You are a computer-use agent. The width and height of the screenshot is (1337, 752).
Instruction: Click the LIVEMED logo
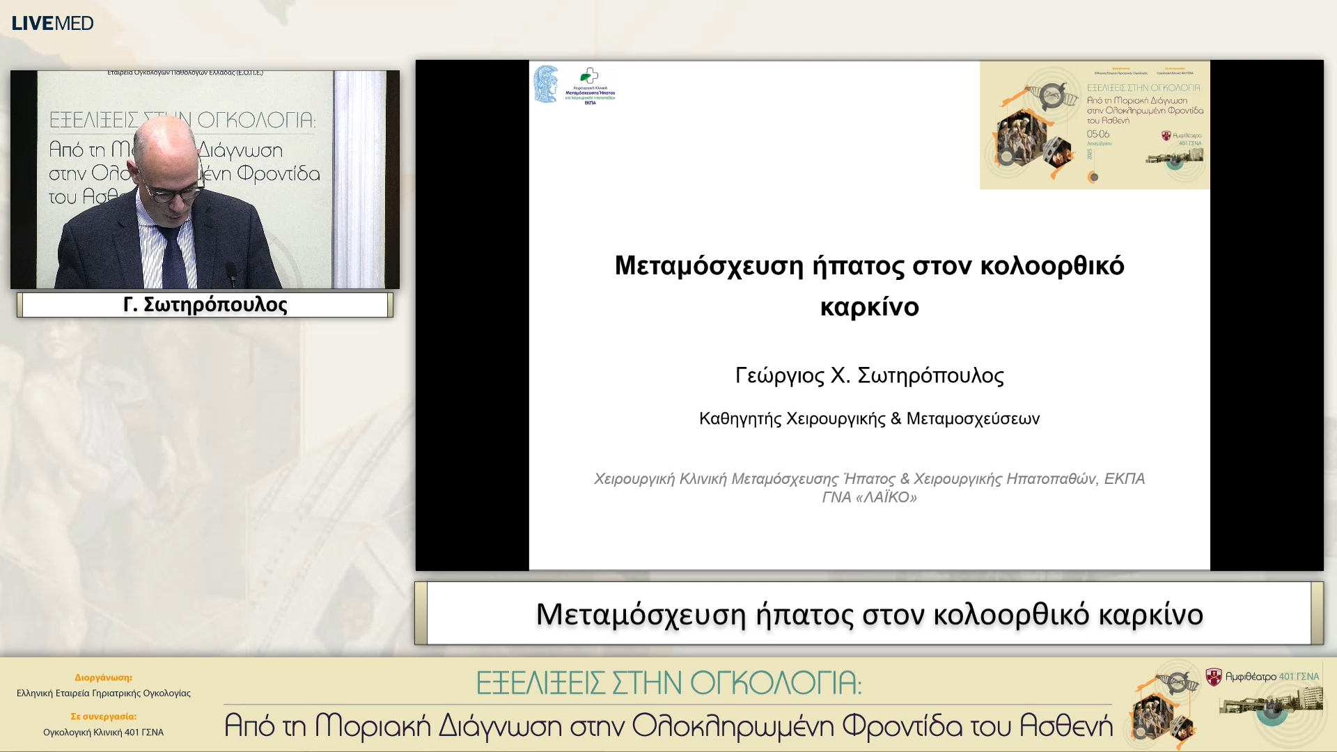click(52, 23)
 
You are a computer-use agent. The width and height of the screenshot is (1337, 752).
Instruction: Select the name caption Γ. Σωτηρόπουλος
click(205, 305)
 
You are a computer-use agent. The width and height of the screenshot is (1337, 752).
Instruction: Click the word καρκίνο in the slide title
click(869, 307)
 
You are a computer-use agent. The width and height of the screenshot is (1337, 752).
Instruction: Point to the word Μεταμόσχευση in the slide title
click(709, 266)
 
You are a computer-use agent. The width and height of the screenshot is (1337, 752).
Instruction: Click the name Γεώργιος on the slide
click(779, 376)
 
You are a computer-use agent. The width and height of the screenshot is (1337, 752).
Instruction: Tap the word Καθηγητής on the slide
click(740, 419)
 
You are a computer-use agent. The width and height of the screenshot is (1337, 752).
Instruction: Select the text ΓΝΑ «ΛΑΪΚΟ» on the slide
click(869, 498)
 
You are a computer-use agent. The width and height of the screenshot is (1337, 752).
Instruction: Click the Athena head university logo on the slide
click(546, 84)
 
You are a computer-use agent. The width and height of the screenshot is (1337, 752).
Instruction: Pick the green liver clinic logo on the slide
click(590, 77)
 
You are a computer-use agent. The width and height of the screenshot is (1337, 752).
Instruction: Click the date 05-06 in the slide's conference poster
click(1097, 134)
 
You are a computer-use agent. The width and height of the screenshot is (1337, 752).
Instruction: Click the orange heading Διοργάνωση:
click(103, 677)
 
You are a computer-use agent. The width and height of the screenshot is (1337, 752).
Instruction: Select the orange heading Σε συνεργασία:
click(103, 716)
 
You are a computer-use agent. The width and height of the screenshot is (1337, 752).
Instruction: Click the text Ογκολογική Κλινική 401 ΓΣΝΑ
click(103, 733)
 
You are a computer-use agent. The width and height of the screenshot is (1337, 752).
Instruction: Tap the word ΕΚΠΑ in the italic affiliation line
click(1124, 479)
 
